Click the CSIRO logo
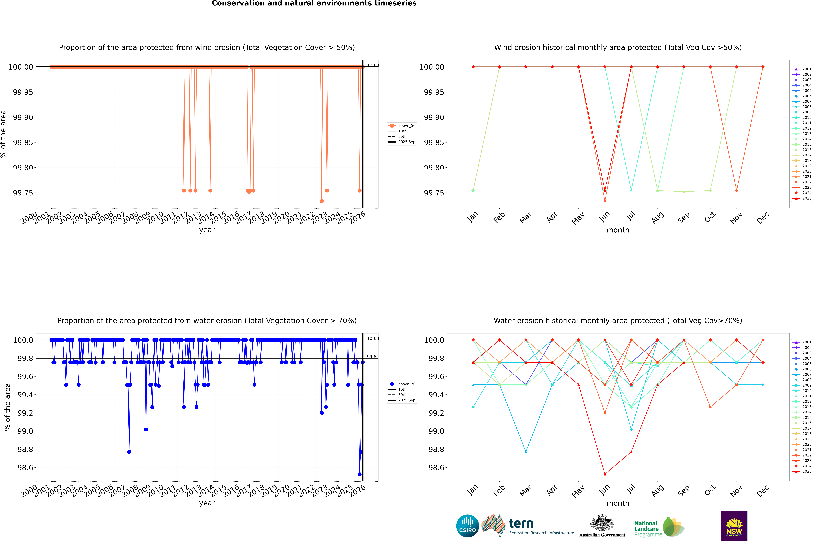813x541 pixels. pos(467,526)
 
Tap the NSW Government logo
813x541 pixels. pos(734,526)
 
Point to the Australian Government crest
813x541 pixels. pos(602,524)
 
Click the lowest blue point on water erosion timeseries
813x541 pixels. pos(359,474)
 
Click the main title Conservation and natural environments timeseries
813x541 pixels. pos(314,3)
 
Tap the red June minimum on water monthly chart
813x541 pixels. pos(605,474)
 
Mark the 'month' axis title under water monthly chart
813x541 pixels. pos(618,503)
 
